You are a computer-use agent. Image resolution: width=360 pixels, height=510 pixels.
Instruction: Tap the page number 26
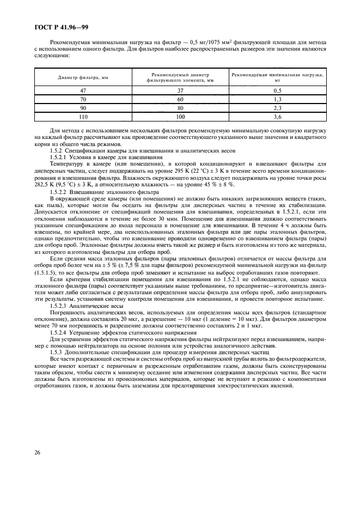38,466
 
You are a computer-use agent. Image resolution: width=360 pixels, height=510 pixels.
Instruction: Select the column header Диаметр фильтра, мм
83,77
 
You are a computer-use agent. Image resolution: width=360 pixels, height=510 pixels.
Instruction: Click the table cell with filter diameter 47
83,90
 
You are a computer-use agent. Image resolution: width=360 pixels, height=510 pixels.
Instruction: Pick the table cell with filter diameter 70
83,99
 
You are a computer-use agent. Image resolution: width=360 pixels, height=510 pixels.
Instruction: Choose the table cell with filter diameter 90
83,108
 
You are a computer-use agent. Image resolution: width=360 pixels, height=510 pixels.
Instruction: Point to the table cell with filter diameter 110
83,117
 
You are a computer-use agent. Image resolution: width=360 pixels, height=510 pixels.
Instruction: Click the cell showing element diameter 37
180,90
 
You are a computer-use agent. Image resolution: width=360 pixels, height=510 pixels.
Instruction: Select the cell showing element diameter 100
180,117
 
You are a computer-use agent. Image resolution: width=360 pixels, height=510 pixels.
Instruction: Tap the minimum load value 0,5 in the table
277,90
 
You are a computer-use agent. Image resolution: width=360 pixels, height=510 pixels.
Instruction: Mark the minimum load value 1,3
277,99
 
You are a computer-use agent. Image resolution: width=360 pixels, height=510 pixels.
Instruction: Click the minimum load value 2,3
277,108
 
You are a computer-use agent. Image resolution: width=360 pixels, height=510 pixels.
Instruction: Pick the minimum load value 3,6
277,117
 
